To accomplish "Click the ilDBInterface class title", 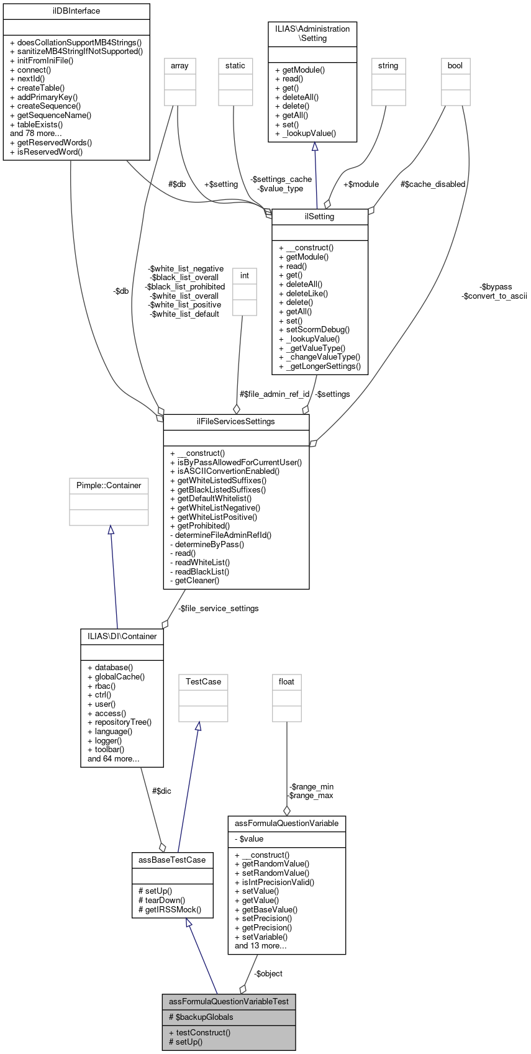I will pos(76,11).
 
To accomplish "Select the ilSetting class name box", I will pos(320,217).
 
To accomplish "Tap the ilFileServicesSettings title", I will pos(235,422).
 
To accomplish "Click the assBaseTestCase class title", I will pos(173,860).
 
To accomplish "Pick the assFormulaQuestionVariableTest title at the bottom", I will pos(229,1001).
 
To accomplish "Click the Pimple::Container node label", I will pos(109,485).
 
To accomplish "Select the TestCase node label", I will pos(203,681).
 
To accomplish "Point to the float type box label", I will pos(286,681).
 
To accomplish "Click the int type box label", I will pos(245,275).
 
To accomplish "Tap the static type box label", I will pos(235,65).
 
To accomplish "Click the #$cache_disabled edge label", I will pos(432,184).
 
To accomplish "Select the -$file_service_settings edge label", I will pos(218,608).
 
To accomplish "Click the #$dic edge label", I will pos(161,791).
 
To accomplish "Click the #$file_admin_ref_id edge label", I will pos(275,394).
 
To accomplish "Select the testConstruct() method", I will pos(203,1032).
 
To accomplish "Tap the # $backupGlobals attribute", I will pos(201,1017).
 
